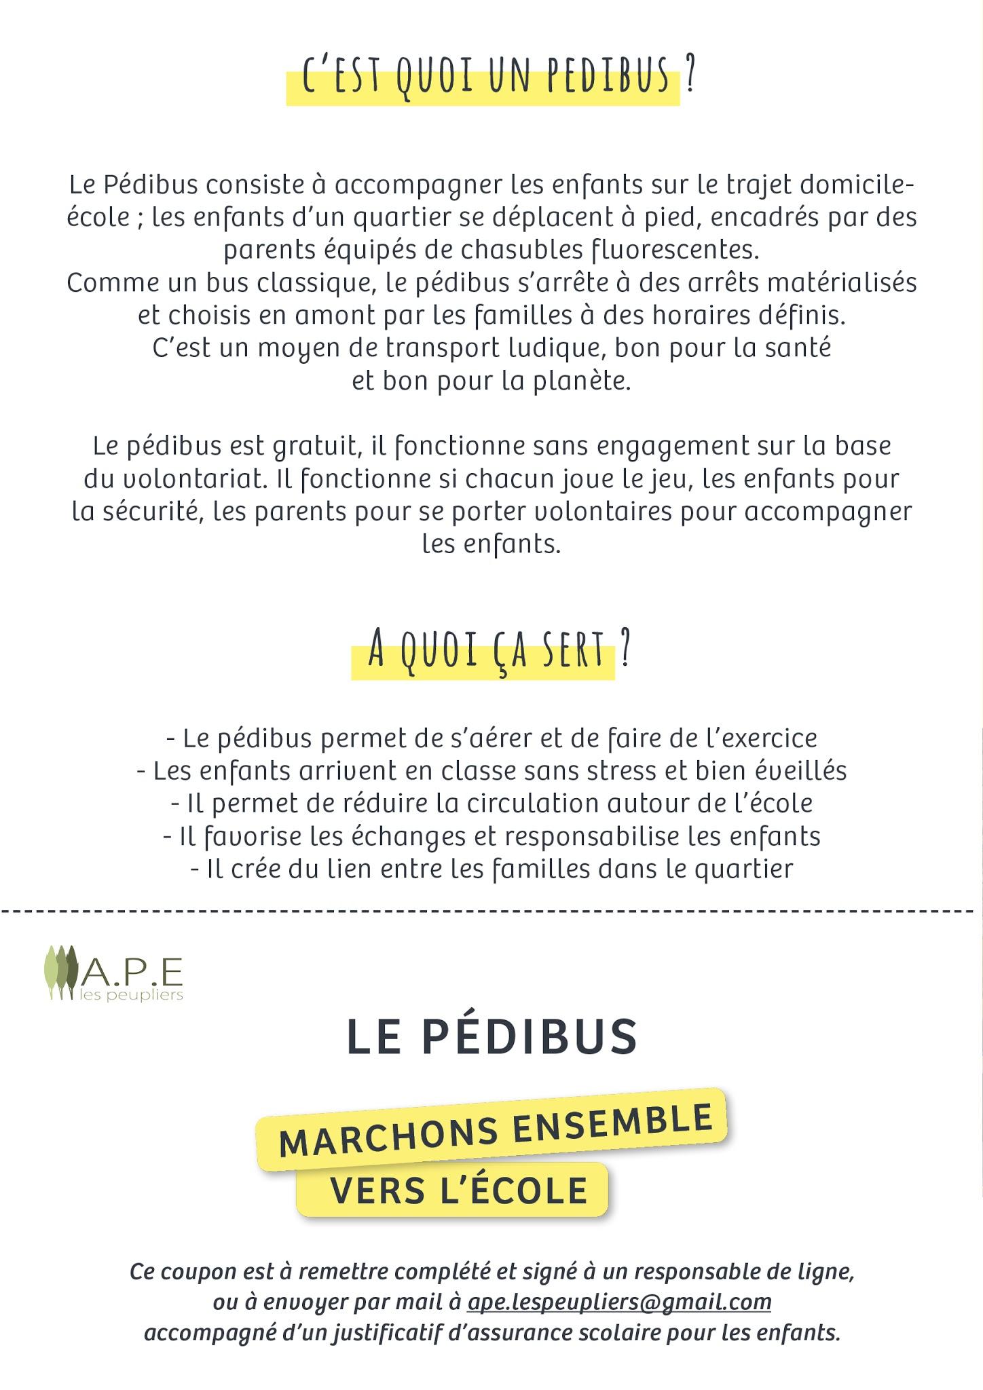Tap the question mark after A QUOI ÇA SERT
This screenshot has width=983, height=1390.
click(625, 650)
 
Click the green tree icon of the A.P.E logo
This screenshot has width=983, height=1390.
click(61, 971)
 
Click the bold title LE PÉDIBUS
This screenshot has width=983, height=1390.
click(492, 1036)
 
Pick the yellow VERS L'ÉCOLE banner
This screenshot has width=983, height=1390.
click(458, 1190)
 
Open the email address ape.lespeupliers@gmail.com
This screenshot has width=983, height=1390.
click(619, 1302)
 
